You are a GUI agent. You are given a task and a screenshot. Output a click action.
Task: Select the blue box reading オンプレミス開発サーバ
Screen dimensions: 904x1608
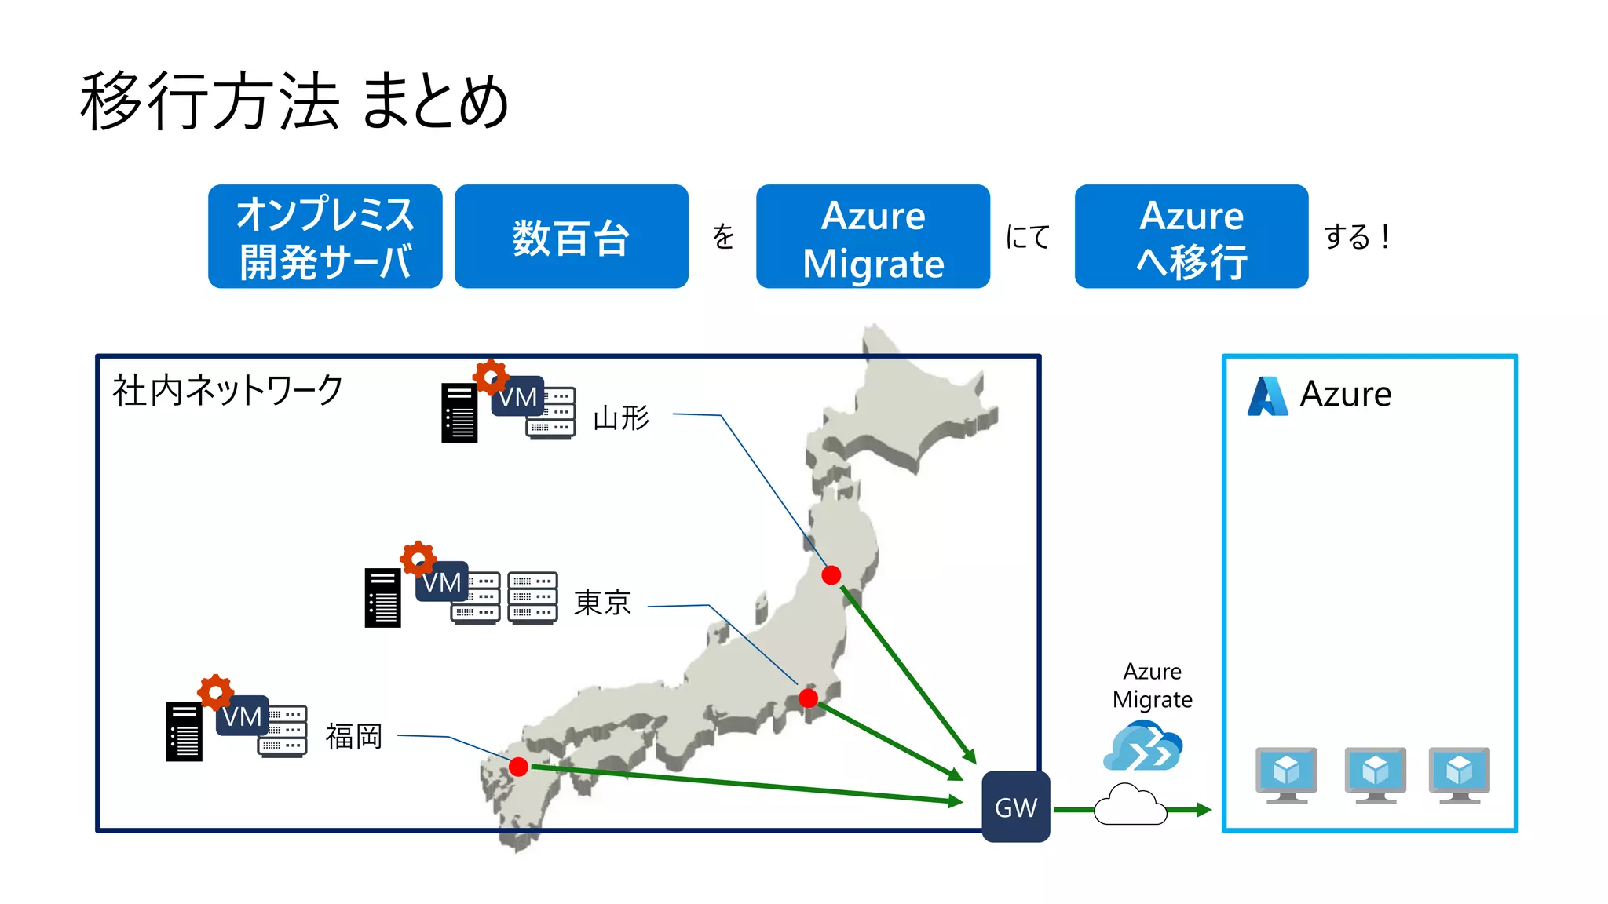(x=325, y=237)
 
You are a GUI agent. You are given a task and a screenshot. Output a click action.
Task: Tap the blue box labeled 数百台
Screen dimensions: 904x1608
(x=571, y=237)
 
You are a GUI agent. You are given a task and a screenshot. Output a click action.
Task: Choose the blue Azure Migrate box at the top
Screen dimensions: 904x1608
(x=872, y=237)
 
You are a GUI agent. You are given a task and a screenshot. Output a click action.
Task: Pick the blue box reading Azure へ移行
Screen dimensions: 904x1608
(x=1191, y=237)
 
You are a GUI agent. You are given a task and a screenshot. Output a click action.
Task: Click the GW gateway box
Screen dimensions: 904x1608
(x=1015, y=807)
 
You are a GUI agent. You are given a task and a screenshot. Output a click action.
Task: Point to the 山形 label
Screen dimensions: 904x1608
(x=621, y=418)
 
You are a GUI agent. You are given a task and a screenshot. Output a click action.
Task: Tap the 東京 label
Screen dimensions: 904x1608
(x=602, y=603)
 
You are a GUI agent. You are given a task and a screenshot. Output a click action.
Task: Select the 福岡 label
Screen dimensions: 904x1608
(x=354, y=736)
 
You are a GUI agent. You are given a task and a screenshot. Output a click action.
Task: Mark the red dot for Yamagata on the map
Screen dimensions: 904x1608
(x=831, y=575)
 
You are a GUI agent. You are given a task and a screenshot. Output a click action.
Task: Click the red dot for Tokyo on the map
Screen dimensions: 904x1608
(x=808, y=698)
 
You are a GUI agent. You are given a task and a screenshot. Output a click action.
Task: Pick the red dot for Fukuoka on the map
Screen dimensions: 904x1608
(x=518, y=767)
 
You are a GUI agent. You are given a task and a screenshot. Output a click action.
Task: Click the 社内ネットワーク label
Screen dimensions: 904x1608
(x=228, y=390)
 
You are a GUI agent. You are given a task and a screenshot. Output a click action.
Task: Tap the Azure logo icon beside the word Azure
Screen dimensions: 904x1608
(x=1267, y=395)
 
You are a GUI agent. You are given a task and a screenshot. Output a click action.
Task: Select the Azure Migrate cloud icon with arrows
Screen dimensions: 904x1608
(x=1143, y=747)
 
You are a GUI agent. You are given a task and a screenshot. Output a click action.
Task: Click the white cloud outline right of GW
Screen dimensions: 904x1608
(x=1130, y=805)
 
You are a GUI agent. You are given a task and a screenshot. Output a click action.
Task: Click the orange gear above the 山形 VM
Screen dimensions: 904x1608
(x=491, y=377)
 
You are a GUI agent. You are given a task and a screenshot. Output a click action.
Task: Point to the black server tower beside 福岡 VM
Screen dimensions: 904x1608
(x=184, y=731)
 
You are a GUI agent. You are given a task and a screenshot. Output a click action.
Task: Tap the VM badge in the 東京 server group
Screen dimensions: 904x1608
(x=441, y=582)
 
